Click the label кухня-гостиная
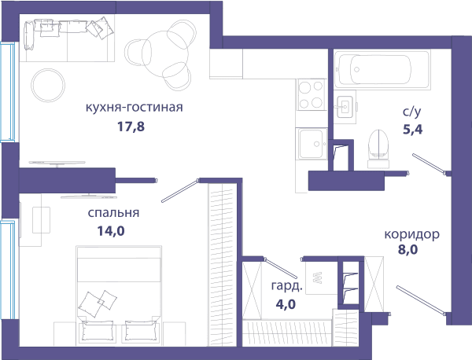pyautogui.click(x=135, y=108)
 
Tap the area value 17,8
pyautogui.click(x=131, y=127)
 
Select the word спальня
pyautogui.click(x=113, y=213)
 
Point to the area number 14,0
pyautogui.click(x=111, y=231)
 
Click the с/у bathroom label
pyautogui.click(x=412, y=112)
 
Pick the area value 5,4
pyautogui.click(x=413, y=130)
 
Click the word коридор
pyautogui.click(x=411, y=234)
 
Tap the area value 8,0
pyautogui.click(x=407, y=250)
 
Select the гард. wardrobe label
pyautogui.click(x=286, y=286)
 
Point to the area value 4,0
pyautogui.click(x=286, y=304)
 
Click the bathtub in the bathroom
pyautogui.click(x=382, y=69)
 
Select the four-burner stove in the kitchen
pyautogui.click(x=312, y=94)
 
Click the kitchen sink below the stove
pyautogui.click(x=312, y=144)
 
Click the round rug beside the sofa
pyautogui.click(x=48, y=85)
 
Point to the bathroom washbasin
pyautogui.click(x=345, y=107)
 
